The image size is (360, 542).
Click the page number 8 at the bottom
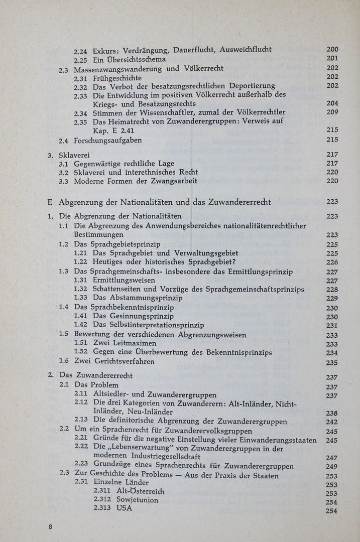pyautogui.click(x=50, y=526)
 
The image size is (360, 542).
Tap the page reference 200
pyautogui.click(x=332, y=49)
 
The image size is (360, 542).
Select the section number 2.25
pyautogui.click(x=81, y=59)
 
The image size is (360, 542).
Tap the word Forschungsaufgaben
pyautogui.click(x=107, y=141)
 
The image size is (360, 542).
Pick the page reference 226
pyautogui.click(x=332, y=262)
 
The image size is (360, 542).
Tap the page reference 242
pyautogui.click(x=332, y=422)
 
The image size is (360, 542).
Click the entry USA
pyautogui.click(x=124, y=508)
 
